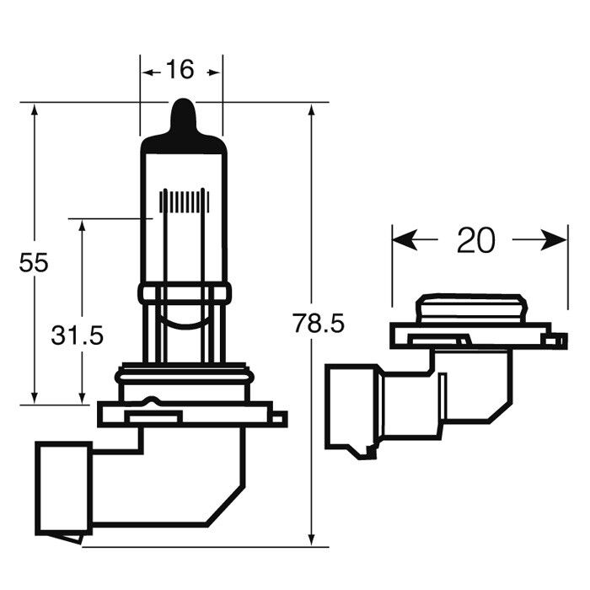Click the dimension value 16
180,69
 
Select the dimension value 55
34,263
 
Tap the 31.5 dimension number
78,335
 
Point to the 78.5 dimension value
319,324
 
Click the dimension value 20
476,240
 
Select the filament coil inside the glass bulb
185,201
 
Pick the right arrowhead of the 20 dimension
554,239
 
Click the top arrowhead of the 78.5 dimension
311,111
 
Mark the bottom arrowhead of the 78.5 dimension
311,539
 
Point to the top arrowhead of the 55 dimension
35,111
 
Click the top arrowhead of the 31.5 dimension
82,228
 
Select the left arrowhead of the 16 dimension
147,72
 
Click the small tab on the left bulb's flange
279,418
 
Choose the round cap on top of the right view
470,308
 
